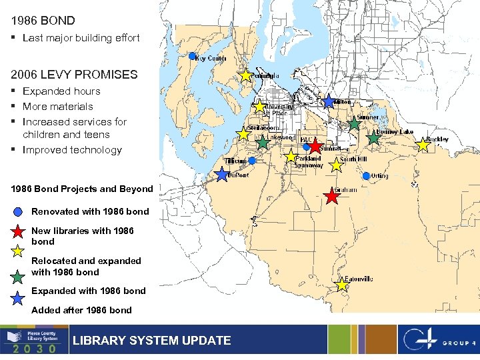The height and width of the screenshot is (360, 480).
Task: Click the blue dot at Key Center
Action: (192, 56)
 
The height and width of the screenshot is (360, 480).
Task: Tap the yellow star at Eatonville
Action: (342, 285)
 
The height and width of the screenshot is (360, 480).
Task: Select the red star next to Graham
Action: (331, 197)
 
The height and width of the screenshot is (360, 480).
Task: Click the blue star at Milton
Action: (329, 101)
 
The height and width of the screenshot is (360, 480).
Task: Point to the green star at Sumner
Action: (354, 123)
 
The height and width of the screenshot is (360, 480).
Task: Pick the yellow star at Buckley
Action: (423, 145)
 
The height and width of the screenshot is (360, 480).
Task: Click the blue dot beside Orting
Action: (366, 176)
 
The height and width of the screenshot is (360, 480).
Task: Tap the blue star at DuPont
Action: (222, 175)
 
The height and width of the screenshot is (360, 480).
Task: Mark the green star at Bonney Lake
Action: (374, 139)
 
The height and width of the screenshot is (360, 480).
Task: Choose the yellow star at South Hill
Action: (336, 165)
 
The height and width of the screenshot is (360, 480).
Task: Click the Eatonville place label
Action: (358, 279)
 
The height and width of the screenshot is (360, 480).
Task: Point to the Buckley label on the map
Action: (437, 139)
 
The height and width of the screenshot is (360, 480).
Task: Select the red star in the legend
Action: (19, 231)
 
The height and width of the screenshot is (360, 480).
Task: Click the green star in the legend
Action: (19, 275)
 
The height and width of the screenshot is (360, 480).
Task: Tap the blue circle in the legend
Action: (19, 212)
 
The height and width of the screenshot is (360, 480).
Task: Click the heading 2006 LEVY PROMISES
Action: (74, 75)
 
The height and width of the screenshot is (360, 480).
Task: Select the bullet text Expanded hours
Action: (61, 91)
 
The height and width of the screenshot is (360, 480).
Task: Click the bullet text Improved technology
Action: (72, 150)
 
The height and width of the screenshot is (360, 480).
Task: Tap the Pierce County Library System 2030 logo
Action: (34, 340)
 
